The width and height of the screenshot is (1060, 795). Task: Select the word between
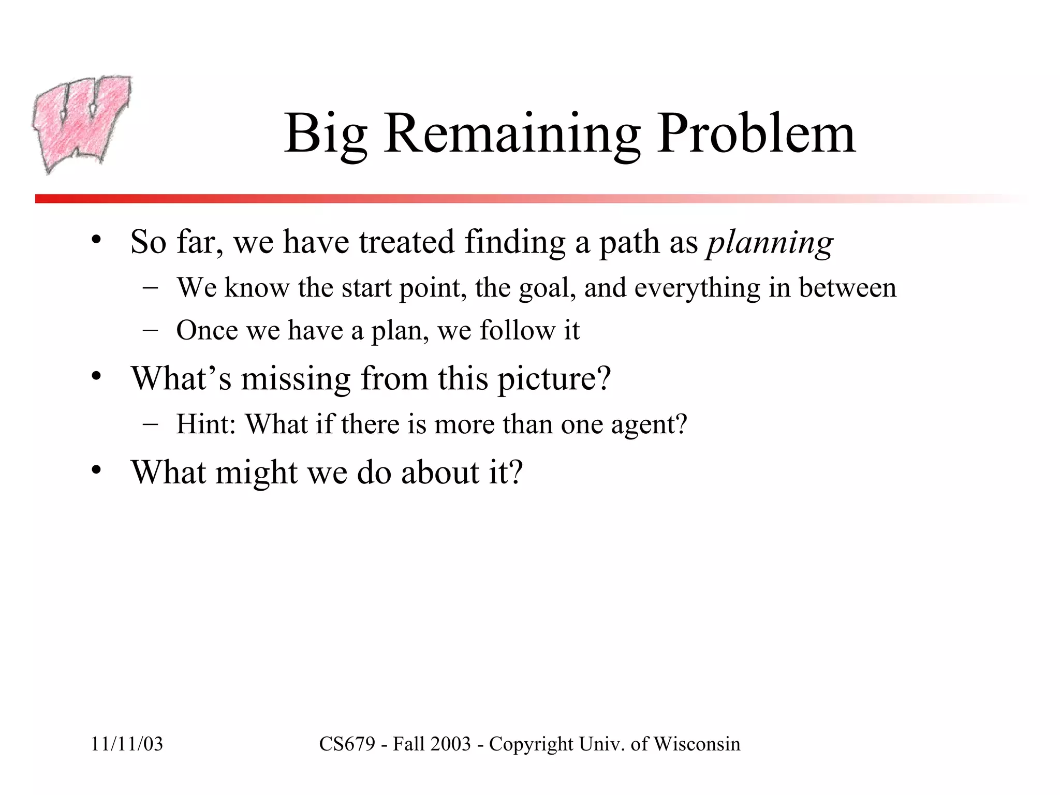coord(847,288)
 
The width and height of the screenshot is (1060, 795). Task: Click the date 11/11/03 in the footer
coord(127,744)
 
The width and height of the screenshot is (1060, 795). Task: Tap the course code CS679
coord(347,744)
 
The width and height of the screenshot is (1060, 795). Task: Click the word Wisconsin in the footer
coord(697,744)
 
